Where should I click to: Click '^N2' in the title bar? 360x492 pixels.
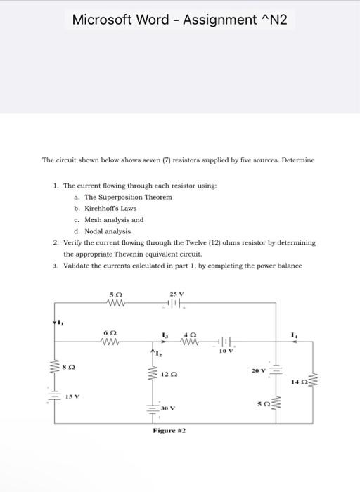(x=272, y=20)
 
